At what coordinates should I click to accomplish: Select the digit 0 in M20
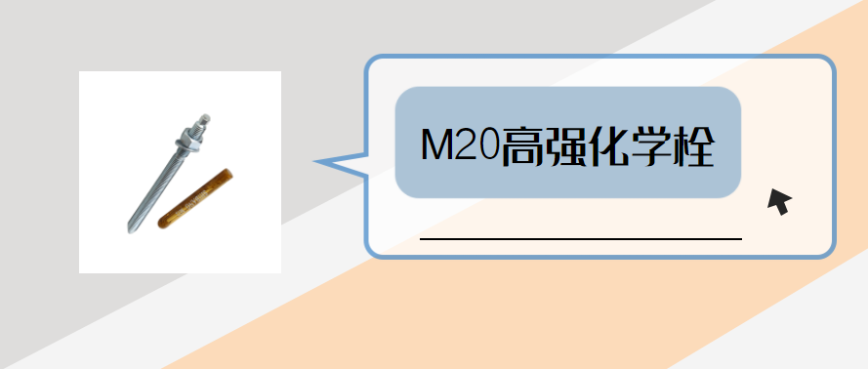click(x=485, y=145)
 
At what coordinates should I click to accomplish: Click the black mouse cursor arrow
click(x=778, y=201)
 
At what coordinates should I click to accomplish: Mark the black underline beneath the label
click(x=580, y=237)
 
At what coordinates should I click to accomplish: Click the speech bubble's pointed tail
click(x=327, y=162)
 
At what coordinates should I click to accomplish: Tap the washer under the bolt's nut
click(x=183, y=150)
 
